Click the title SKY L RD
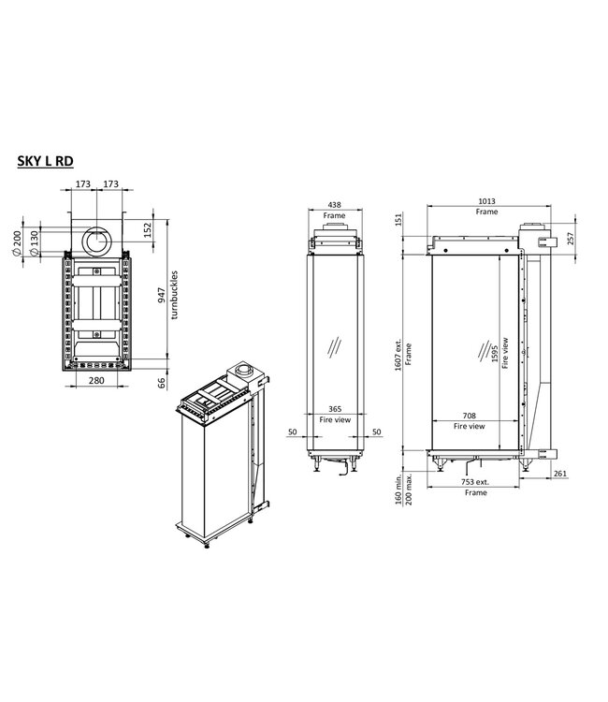click(x=45, y=160)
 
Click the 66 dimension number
click(x=162, y=381)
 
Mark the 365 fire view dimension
click(x=334, y=408)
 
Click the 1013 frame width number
click(x=485, y=201)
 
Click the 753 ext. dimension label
click(x=475, y=481)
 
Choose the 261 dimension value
click(x=560, y=475)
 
